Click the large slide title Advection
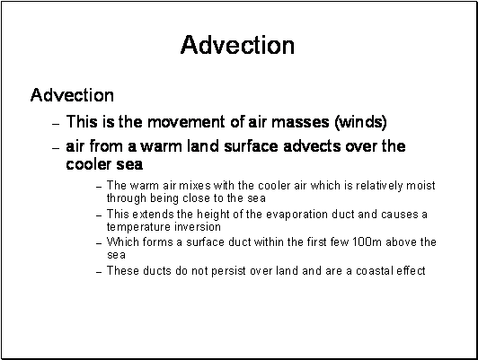point(237,45)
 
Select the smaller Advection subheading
point(72,95)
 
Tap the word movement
point(186,122)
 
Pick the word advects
point(312,146)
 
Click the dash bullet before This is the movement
point(56,124)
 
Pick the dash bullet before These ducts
point(99,272)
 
